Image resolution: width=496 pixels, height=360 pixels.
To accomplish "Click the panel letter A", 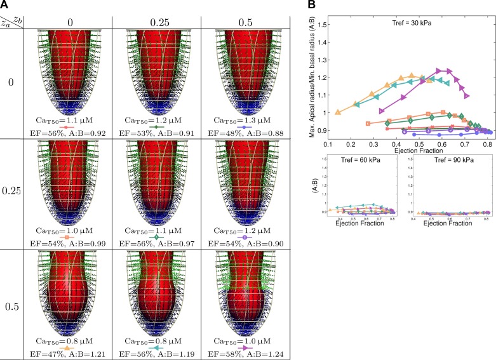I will [x=5, y=5].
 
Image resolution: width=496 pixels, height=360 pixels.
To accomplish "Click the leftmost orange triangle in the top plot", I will [x=337, y=112].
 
